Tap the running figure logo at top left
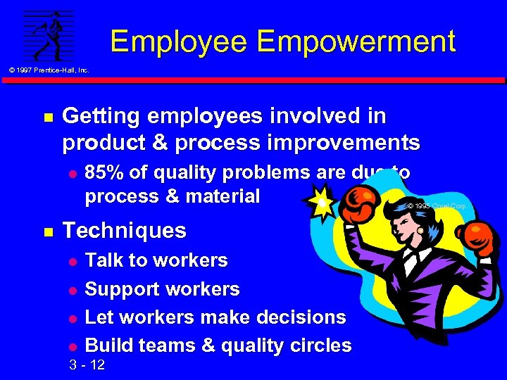point(49,35)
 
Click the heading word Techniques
point(125,230)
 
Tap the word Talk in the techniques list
point(104,260)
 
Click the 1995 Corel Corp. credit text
point(437,206)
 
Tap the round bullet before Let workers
point(70,318)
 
